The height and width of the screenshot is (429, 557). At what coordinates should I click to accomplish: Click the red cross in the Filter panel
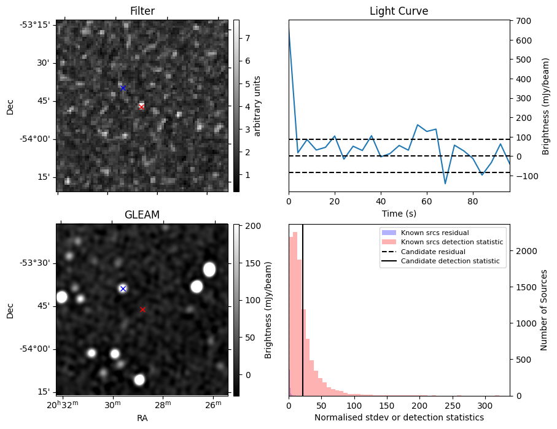pyautogui.click(x=141, y=107)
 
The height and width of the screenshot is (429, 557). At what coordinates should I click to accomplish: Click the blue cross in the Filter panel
pyautogui.click(x=123, y=88)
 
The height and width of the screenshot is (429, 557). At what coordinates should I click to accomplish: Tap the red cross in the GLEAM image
pyautogui.click(x=143, y=310)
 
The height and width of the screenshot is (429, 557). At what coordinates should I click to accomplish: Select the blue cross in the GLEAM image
pyautogui.click(x=123, y=288)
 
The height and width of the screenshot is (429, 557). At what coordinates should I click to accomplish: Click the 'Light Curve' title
pyautogui.click(x=399, y=11)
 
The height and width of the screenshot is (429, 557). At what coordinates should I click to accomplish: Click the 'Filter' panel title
pyautogui.click(x=142, y=11)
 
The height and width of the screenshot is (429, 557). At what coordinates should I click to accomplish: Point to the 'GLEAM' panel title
pyautogui.click(x=142, y=215)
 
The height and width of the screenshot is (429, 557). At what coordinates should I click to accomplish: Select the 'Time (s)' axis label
pyautogui.click(x=399, y=214)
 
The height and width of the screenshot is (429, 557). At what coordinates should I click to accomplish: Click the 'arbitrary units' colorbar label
pyautogui.click(x=257, y=106)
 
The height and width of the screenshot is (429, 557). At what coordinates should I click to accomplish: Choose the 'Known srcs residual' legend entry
pyautogui.click(x=434, y=233)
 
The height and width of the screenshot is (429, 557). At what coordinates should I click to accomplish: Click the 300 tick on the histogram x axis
pyautogui.click(x=485, y=406)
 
